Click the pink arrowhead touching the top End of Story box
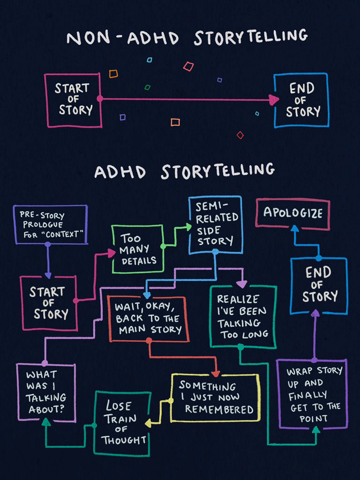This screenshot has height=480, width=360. pyautogui.click(x=274, y=100)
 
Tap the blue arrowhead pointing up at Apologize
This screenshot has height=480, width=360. pyautogui.click(x=294, y=229)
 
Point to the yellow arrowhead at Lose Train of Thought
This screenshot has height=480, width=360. pyautogui.click(x=149, y=423)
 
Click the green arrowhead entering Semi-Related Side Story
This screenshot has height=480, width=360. pyautogui.click(x=188, y=227)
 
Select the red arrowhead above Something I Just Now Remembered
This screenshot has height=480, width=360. pyautogui.click(x=216, y=374)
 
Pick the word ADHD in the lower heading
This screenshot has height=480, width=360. pyautogui.click(x=120, y=172)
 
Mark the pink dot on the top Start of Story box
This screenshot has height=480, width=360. pyautogui.click(x=100, y=98)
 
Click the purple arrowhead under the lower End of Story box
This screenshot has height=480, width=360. pyautogui.click(x=315, y=313)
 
